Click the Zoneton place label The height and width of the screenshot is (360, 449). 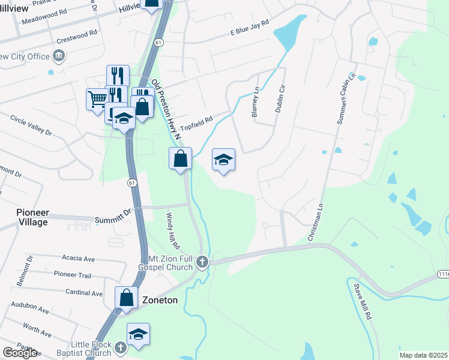click(x=159, y=299)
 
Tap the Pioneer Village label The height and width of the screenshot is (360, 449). click(x=32, y=217)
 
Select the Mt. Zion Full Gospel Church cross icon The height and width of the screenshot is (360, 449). click(x=202, y=262)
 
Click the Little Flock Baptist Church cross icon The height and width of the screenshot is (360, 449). click(x=120, y=347)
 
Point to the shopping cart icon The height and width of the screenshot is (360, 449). click(x=97, y=98)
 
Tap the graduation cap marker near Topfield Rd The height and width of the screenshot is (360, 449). click(x=223, y=160)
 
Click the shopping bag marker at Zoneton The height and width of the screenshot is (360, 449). click(x=126, y=297)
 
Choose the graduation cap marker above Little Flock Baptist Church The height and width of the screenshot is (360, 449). click(x=138, y=334)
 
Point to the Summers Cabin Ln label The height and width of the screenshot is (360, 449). click(x=346, y=99)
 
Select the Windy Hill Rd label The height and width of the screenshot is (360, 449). click(x=173, y=231)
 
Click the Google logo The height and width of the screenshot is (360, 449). click(x=20, y=353)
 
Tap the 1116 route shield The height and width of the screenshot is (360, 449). click(x=443, y=274)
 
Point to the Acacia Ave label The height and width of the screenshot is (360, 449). click(x=79, y=259)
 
